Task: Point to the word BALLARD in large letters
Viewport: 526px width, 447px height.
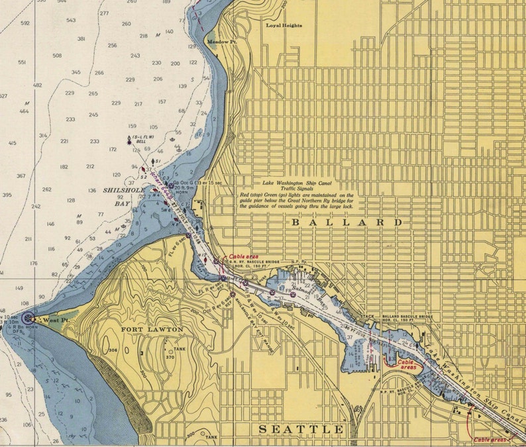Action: coord(347,223)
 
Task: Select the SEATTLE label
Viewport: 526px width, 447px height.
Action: coord(301,430)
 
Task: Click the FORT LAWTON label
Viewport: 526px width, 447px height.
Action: coord(152,328)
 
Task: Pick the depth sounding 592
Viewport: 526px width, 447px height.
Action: coord(25,23)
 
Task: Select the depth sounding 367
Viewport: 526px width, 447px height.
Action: coord(21,175)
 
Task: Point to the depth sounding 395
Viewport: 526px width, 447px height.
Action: coord(7,195)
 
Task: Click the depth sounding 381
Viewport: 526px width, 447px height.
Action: coord(81,39)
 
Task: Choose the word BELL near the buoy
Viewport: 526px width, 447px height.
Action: coord(141,141)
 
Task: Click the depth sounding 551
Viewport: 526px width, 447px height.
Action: coord(22,62)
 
